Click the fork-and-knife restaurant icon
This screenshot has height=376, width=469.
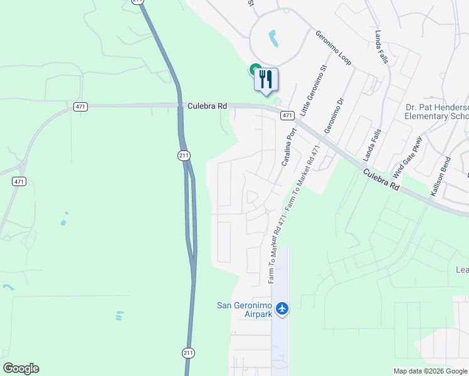(266, 80)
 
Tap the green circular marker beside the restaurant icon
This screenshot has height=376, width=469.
(255, 70)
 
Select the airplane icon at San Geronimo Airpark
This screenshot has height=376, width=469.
(282, 308)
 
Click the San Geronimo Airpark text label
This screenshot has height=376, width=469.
(245, 310)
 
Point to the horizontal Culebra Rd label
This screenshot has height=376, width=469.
(207, 107)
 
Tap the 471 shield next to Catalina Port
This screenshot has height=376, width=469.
(287, 115)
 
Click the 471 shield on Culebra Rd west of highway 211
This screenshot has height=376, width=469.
(80, 107)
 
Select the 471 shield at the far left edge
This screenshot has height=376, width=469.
(19, 181)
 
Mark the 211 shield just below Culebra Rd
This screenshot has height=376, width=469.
(183, 155)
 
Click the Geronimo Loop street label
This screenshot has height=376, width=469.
(333, 48)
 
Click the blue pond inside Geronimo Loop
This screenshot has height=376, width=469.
(274, 39)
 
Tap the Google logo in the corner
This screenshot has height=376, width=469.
(21, 368)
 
